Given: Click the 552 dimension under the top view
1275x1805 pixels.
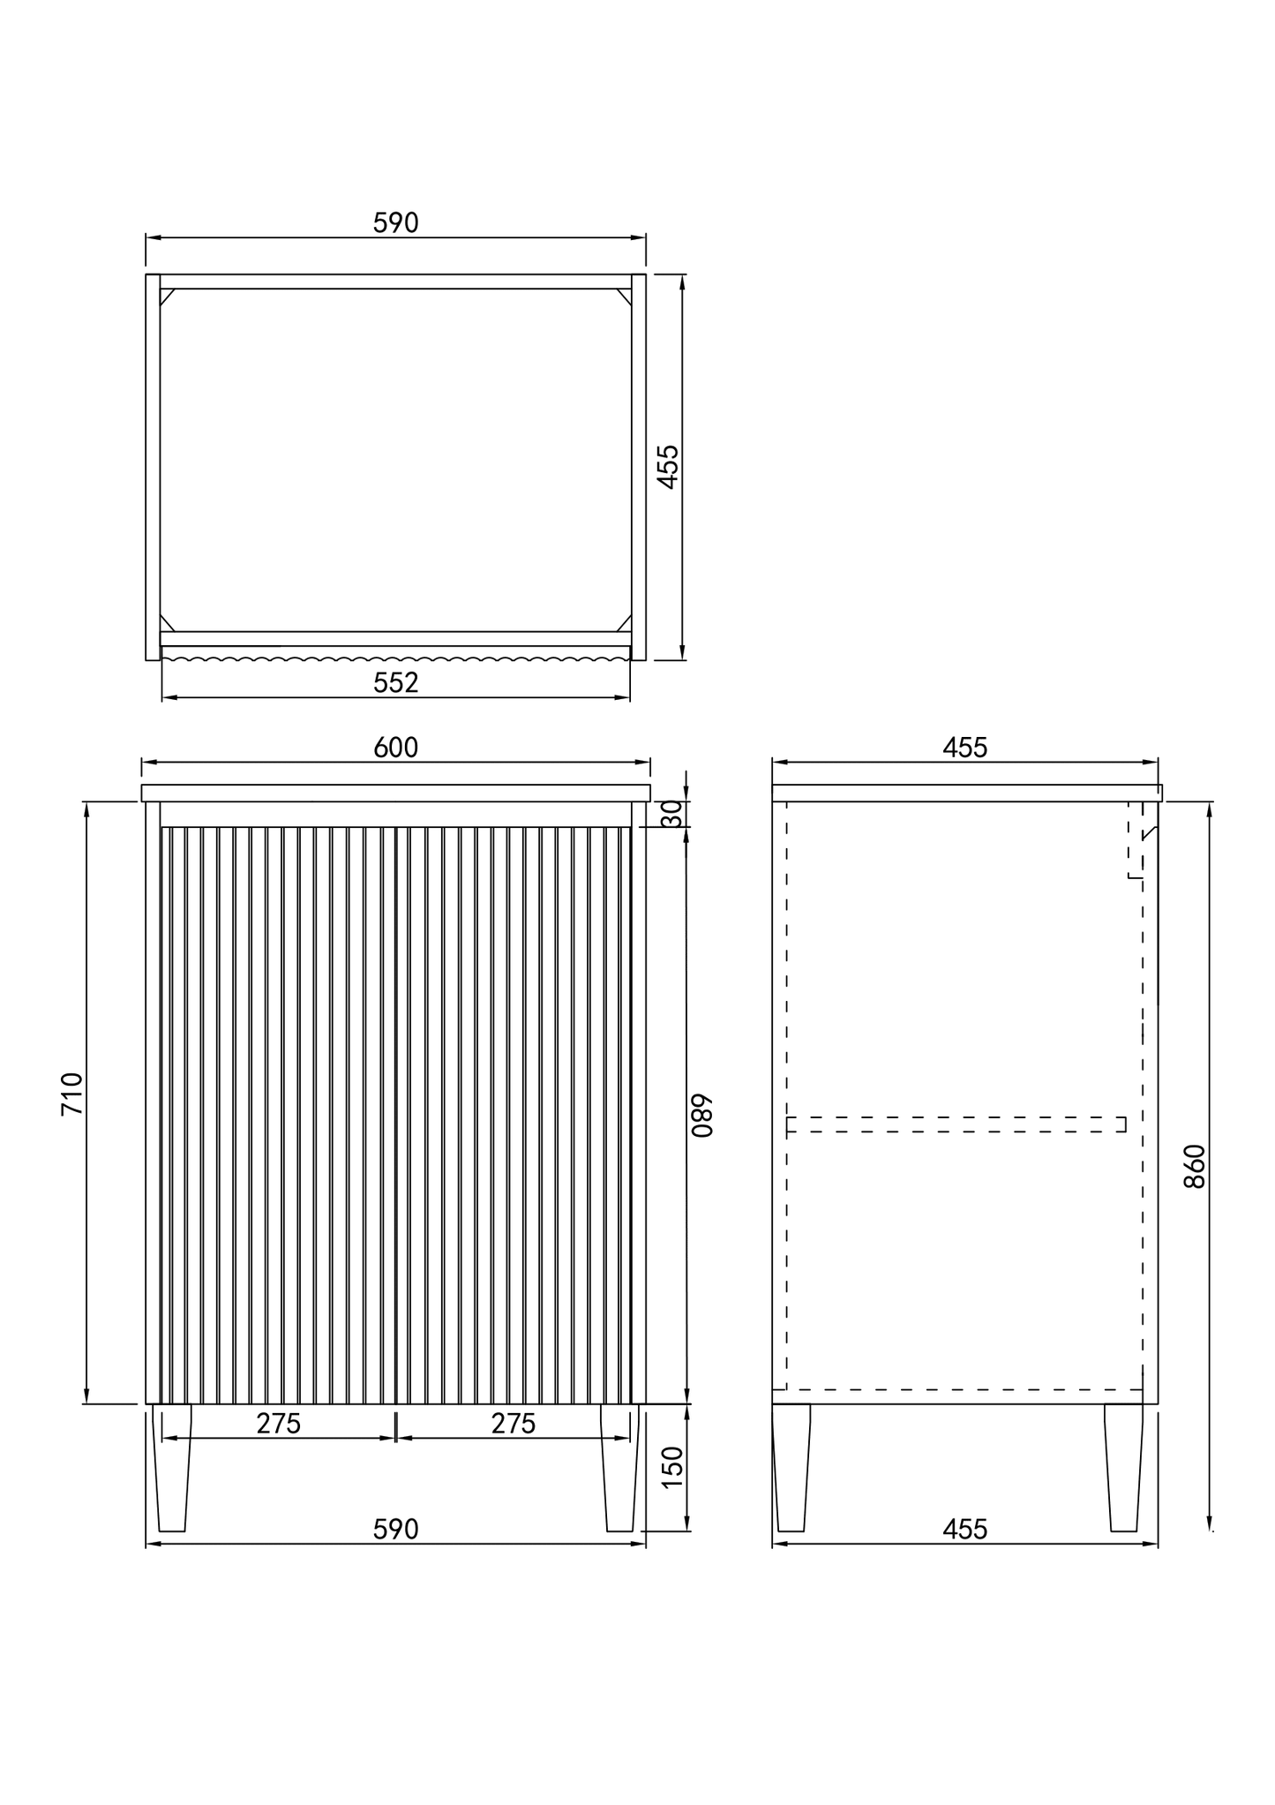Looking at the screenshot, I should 395,682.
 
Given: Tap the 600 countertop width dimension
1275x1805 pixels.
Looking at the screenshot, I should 395,748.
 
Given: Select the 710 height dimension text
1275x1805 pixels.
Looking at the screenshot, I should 72,1094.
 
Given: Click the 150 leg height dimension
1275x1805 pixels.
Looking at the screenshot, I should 672,1467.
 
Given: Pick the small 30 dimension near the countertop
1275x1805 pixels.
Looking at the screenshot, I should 672,813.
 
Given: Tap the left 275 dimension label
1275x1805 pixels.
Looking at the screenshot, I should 279,1424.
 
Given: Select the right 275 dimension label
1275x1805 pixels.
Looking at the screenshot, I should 514,1424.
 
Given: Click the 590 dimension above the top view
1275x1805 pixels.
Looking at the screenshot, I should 395,223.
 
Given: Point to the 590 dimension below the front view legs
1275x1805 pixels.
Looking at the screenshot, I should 395,1530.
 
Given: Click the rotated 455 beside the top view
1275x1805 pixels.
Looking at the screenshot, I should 669,466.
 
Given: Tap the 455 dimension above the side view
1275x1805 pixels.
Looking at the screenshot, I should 964,748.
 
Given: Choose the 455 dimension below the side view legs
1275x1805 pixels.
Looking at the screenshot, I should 964,1530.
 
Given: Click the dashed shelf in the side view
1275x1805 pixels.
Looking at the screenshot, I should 956,1124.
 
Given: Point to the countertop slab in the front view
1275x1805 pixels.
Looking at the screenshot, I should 395,793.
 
